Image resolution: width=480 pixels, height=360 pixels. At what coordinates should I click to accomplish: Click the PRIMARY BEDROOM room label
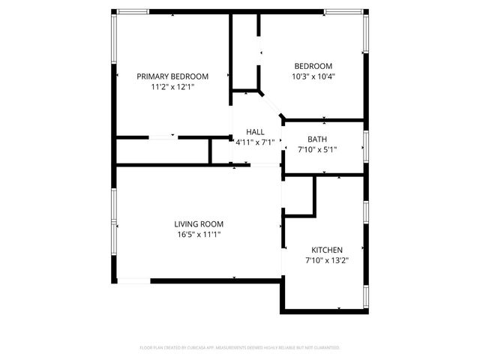tap(172, 76)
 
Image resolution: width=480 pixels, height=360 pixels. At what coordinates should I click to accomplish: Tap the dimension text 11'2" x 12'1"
tap(172, 86)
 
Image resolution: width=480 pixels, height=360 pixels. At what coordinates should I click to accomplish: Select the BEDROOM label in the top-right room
tap(313, 66)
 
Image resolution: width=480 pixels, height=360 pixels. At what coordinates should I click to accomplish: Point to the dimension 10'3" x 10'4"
tap(313, 76)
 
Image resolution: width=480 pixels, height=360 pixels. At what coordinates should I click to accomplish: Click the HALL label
tap(255, 131)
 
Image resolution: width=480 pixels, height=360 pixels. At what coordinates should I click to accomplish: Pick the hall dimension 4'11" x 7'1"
tap(255, 142)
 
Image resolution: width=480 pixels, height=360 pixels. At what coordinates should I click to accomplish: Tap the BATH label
tap(317, 139)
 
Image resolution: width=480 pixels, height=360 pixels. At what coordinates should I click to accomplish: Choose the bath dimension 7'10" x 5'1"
tap(317, 149)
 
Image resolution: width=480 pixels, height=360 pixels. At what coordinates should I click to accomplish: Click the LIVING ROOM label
tap(199, 223)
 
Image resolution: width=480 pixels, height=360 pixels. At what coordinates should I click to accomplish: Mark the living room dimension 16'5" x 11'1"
tap(199, 234)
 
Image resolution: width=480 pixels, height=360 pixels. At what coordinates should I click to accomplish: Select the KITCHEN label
tap(328, 250)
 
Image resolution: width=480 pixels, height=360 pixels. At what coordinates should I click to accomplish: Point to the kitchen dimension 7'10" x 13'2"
tap(328, 260)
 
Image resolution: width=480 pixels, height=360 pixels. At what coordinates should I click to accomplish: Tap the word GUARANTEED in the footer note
tap(324, 348)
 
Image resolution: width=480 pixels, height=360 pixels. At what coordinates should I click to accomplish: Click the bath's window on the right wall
tap(365, 146)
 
